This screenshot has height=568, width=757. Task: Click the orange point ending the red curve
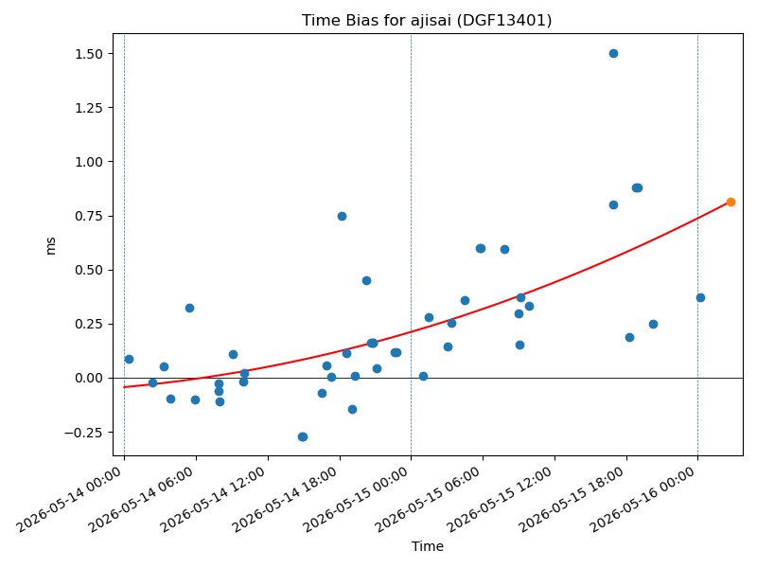pyautogui.click(x=731, y=202)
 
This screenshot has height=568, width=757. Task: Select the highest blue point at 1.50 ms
pyautogui.click(x=613, y=54)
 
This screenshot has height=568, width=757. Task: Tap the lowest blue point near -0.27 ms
pyautogui.click(x=303, y=436)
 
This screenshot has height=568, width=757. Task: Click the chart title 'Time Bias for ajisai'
pyautogui.click(x=377, y=20)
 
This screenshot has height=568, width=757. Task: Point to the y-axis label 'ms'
pyautogui.click(x=50, y=246)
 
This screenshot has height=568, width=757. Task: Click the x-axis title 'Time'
pyautogui.click(x=428, y=546)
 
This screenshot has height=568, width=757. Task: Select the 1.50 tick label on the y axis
pyautogui.click(x=89, y=54)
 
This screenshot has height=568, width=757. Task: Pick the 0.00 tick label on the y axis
pyautogui.click(x=89, y=378)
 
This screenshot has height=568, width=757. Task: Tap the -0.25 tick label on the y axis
pyautogui.click(x=83, y=433)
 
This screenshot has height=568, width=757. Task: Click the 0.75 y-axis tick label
pyautogui.click(x=89, y=216)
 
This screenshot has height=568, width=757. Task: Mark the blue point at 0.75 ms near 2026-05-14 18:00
pyautogui.click(x=342, y=217)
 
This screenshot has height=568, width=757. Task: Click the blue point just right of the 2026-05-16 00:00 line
pyautogui.click(x=700, y=297)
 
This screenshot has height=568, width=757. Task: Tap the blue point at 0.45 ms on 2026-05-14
pyautogui.click(x=366, y=280)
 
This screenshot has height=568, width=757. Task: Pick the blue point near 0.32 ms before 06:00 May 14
pyautogui.click(x=190, y=309)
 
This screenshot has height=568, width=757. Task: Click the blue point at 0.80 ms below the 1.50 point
pyautogui.click(x=613, y=204)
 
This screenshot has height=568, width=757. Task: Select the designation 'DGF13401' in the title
pyautogui.click(x=504, y=20)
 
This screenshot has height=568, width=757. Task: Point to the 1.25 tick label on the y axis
pyautogui.click(x=89, y=108)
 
